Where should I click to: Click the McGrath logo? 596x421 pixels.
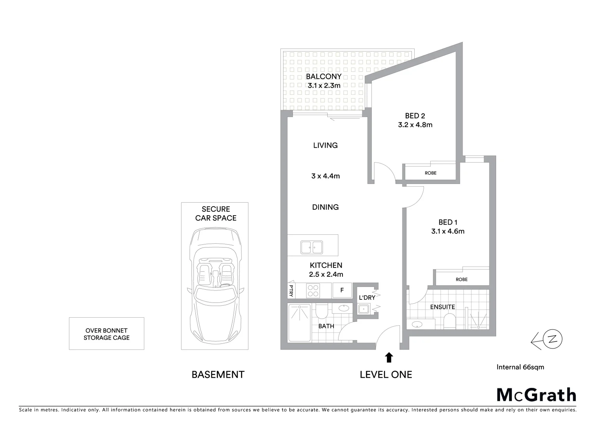coord(536,394)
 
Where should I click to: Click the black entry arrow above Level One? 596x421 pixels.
coord(389,357)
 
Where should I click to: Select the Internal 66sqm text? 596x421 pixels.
coord(520,367)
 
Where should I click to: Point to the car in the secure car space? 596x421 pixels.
coord(215,285)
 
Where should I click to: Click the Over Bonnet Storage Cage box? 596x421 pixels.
coord(106,334)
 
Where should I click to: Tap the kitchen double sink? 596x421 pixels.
coord(311,247)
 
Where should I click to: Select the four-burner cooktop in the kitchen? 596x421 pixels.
coord(314,290)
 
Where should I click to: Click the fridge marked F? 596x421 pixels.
coord(342,290)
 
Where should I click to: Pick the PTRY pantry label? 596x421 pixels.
coord(291,290)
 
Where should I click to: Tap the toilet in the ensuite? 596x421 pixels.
coord(449,322)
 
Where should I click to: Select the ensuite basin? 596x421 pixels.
coord(416,324)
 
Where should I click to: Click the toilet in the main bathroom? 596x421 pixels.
coord(321,312)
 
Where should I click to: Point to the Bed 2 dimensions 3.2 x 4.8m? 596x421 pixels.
coord(415,125)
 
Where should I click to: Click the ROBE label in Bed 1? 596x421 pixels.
coord(461,279)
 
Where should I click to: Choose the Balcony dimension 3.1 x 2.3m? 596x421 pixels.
coord(324,85)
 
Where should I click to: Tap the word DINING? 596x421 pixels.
coord(325,207)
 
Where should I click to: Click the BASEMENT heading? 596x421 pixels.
coord(218,375)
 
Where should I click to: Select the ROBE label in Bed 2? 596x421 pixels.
coord(431,173)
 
